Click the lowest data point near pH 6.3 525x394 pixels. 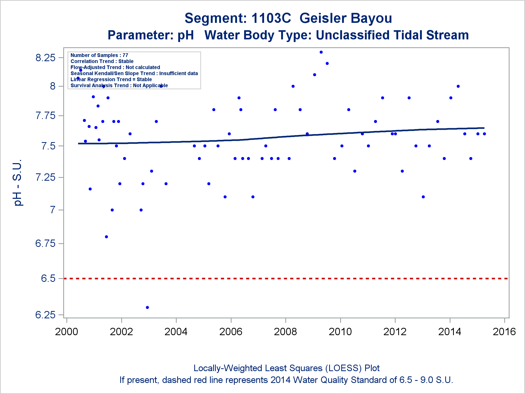(x=147, y=307)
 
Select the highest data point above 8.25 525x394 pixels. (x=321, y=52)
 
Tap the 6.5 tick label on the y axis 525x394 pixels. (x=48, y=278)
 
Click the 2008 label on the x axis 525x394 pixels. (x=285, y=332)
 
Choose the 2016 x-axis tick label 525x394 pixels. (x=504, y=332)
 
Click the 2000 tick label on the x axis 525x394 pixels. (x=66, y=332)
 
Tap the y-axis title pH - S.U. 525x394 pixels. (x=18, y=182)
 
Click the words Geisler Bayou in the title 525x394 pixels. (x=346, y=18)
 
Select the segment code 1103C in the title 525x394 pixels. (x=271, y=18)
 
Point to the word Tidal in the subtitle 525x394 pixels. (x=403, y=35)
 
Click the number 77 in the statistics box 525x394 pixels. (x=125, y=55)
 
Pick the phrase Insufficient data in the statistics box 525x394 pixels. (x=178, y=73)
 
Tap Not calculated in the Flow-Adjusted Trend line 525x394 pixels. (x=143, y=67)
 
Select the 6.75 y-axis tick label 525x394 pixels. (x=45, y=243)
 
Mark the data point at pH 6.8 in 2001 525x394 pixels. (x=106, y=237)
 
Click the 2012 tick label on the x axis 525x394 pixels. (x=395, y=332)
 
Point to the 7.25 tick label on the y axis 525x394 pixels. (x=45, y=177)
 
